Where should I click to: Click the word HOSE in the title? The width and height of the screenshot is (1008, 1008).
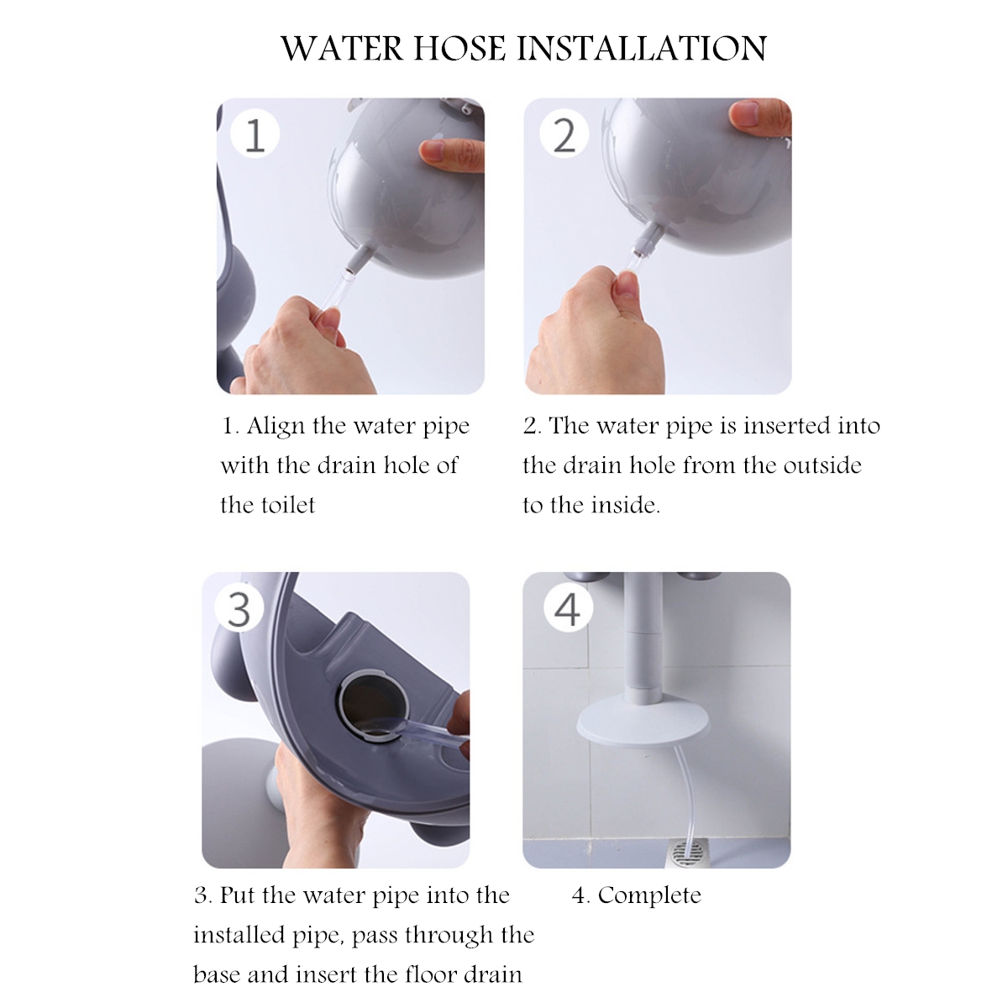459,50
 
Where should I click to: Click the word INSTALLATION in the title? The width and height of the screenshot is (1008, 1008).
642,50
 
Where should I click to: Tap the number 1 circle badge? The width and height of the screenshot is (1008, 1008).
255,134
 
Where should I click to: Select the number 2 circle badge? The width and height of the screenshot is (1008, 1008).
564,134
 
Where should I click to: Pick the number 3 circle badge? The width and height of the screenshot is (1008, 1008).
239,608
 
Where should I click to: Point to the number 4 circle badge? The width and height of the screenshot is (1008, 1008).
568,608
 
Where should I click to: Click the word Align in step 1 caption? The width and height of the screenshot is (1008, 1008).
276,427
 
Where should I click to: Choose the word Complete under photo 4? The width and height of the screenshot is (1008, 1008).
649,895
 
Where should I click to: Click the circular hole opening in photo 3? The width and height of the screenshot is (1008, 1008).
371,707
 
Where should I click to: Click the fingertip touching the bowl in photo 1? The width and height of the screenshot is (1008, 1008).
432,150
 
